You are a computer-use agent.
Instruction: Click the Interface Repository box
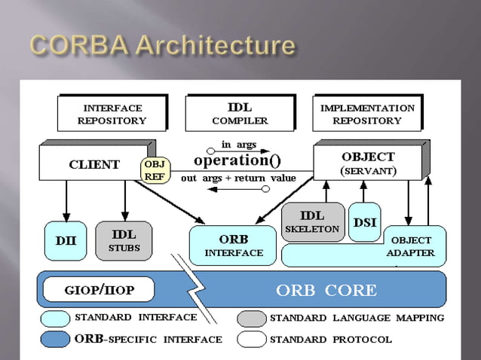point(111,114)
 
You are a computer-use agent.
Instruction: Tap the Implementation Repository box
point(366,114)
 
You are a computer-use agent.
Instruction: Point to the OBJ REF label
point(155,170)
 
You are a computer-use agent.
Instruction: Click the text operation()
point(237,160)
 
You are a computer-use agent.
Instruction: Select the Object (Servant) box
point(368,163)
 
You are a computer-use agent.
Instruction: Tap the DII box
point(64,240)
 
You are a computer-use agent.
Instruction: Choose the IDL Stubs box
point(124,240)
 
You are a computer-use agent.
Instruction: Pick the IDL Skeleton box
point(312,221)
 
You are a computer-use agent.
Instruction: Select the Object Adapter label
point(411,246)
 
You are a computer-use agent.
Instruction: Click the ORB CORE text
point(326,290)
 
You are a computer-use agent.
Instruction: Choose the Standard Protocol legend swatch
point(251,338)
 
